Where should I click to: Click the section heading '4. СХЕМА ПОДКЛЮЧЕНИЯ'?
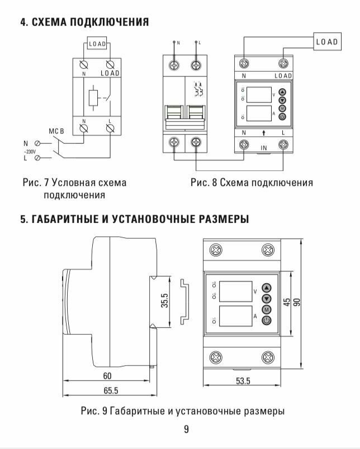click(x=84, y=22)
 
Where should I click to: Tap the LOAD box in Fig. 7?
click(x=99, y=44)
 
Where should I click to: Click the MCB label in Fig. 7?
click(x=57, y=132)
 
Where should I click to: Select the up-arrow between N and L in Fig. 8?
click(x=263, y=133)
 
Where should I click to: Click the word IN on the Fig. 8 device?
click(x=264, y=149)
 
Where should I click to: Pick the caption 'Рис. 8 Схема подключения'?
click(x=251, y=183)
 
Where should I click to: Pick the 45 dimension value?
click(x=286, y=302)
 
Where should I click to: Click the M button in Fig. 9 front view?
click(x=266, y=309)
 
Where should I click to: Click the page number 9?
click(x=186, y=429)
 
